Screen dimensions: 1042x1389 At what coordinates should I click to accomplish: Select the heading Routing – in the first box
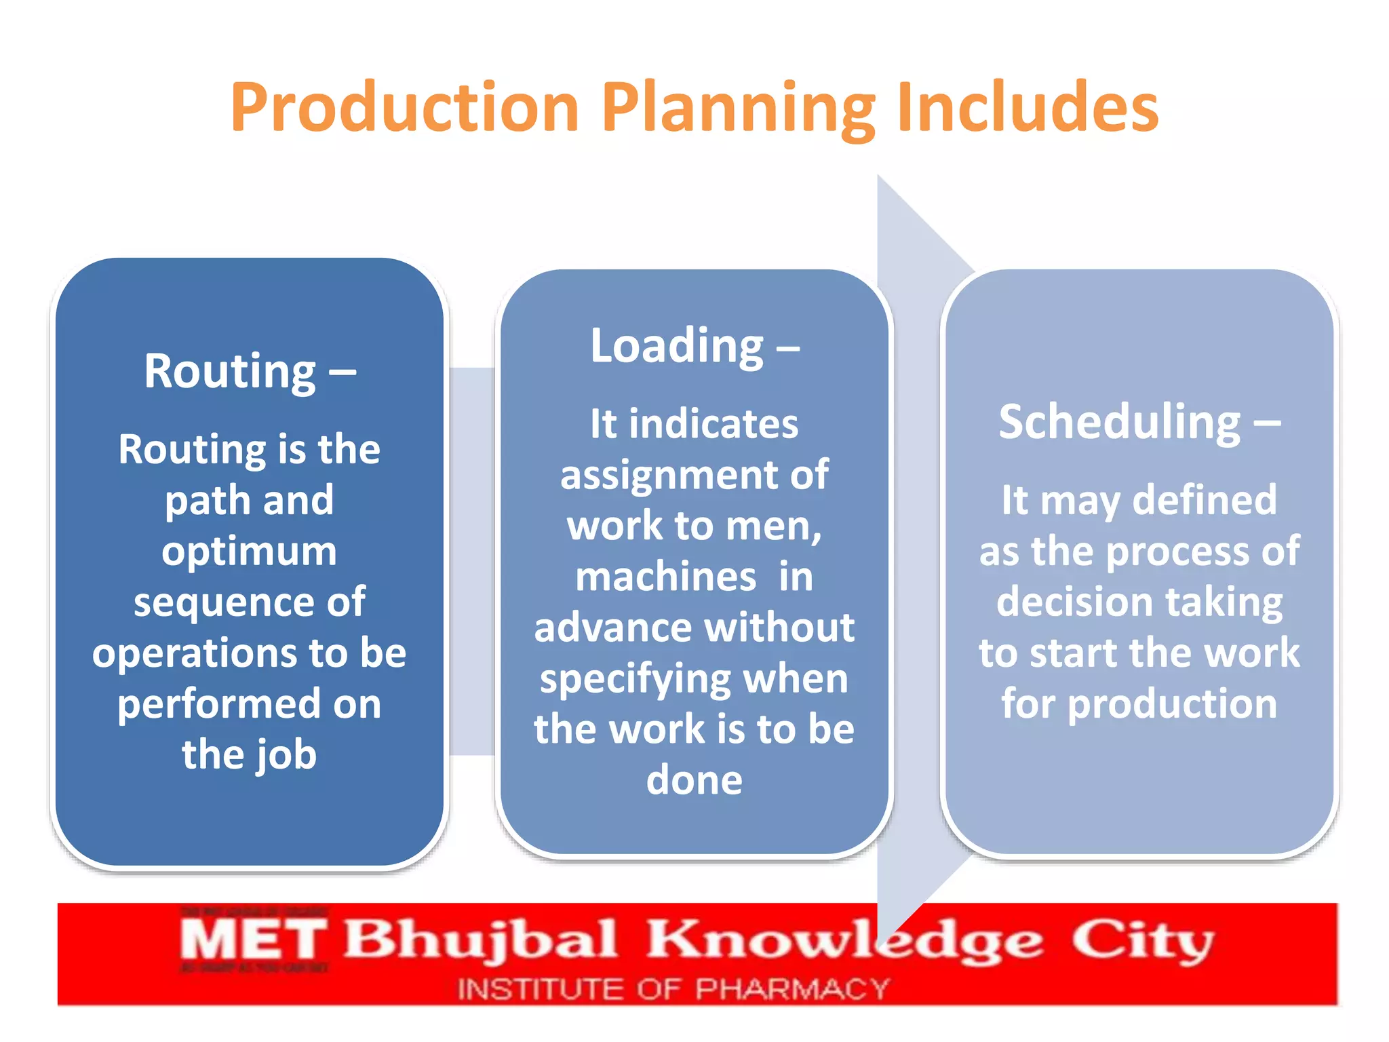250,372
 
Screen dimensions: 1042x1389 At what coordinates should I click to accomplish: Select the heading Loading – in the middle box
694,346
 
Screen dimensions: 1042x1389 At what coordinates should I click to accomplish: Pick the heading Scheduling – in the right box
1139,422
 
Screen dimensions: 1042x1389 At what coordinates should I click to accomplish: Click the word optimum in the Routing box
250,551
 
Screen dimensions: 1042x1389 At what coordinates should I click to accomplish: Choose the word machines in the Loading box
665,577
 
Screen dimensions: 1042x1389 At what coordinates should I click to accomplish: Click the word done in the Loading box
694,780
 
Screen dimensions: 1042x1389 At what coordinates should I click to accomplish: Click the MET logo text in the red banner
252,940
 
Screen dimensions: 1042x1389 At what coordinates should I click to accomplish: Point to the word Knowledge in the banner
844,940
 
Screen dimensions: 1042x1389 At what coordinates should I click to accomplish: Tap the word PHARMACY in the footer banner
792,989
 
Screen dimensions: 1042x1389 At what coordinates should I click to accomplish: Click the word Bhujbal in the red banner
480,940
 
